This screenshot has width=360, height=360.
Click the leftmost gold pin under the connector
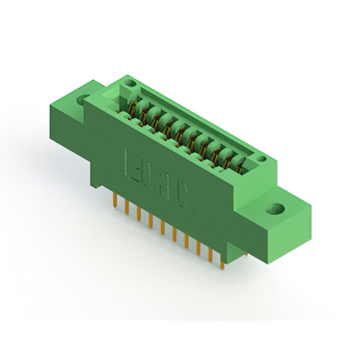coord(115,199)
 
